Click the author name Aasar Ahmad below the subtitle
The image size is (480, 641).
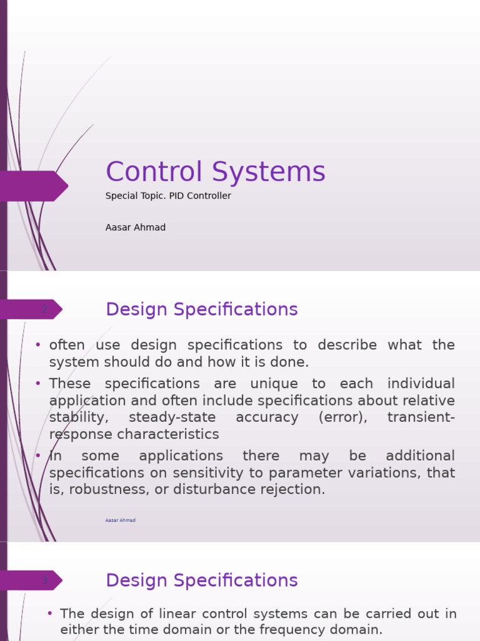(136, 227)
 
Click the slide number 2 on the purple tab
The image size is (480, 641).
(44, 309)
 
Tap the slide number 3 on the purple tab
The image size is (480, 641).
(44, 580)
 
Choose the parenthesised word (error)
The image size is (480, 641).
(342, 418)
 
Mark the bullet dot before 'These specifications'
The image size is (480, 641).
(38, 383)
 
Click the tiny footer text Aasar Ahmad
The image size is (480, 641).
(121, 520)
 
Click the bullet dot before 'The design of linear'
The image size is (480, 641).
(50, 613)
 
